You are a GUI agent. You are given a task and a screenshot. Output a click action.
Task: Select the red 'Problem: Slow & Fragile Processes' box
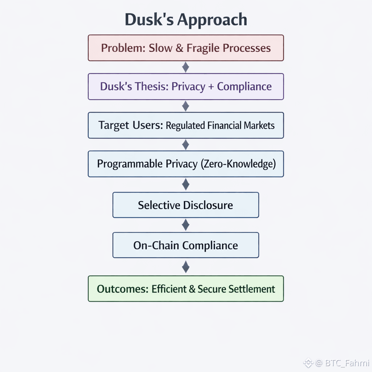(x=186, y=48)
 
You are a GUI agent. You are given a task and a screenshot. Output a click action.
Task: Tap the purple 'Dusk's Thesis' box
(x=186, y=86)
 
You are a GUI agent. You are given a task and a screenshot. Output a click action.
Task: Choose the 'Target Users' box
(x=186, y=125)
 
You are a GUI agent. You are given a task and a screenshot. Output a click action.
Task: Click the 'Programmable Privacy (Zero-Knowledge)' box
(x=186, y=164)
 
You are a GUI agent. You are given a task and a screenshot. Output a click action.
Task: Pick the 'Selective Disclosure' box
(x=186, y=205)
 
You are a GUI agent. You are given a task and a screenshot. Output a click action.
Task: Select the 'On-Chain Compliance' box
(x=186, y=245)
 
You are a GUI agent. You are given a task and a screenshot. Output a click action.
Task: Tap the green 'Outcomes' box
(x=186, y=289)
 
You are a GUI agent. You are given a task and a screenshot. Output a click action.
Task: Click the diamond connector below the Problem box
(x=186, y=67)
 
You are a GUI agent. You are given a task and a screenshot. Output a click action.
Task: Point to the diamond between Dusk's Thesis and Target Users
(x=186, y=106)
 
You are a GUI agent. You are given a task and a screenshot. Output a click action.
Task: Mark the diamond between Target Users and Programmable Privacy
(x=186, y=145)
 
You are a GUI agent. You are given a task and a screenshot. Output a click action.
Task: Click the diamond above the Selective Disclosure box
(x=186, y=185)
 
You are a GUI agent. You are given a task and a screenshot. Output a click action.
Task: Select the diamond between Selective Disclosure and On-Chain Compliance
(x=186, y=225)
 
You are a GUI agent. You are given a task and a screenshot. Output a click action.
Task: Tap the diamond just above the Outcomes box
(x=186, y=267)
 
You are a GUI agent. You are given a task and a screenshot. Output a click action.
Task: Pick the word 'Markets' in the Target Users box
(x=259, y=126)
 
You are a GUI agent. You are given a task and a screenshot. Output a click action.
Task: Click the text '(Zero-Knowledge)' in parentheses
(x=238, y=164)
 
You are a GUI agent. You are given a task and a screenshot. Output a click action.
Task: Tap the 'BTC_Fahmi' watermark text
(x=347, y=363)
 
